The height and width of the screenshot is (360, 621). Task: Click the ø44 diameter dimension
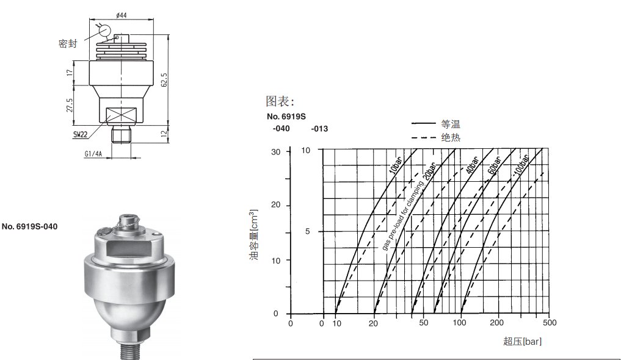[x=121, y=15]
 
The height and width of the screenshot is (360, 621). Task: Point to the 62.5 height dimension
[x=164, y=79]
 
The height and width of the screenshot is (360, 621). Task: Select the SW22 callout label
[x=80, y=134]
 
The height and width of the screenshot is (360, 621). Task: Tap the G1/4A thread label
[x=93, y=154]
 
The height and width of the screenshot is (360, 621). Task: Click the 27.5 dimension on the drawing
[x=70, y=105]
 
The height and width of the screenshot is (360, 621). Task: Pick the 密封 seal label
[x=68, y=43]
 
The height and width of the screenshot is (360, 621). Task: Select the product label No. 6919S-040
[x=30, y=227]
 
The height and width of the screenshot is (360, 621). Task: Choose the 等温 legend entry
[x=451, y=124]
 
